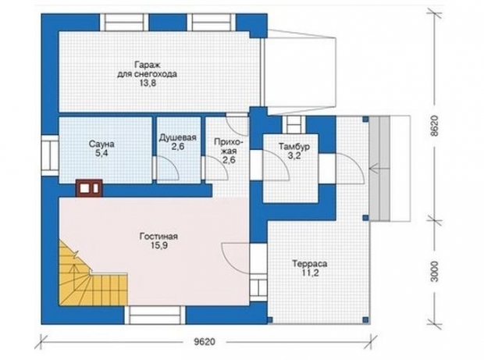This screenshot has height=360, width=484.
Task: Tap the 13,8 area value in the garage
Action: (148, 84)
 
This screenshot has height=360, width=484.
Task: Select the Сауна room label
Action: (101, 144)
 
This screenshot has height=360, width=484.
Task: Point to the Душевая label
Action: (177, 137)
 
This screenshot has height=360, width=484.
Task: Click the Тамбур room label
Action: (294, 147)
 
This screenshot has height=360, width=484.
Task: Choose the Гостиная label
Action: (158, 237)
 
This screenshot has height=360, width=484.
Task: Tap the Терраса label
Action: (310, 264)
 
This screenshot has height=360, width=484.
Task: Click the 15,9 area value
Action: (159, 246)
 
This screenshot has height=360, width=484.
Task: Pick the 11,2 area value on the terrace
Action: (310, 273)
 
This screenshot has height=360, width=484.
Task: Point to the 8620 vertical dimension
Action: (434, 126)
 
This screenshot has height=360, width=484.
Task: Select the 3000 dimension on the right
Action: (434, 272)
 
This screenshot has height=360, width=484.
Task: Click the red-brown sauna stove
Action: (89, 187)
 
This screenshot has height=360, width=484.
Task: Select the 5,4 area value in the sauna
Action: (101, 153)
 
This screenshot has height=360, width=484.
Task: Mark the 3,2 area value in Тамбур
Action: (294, 156)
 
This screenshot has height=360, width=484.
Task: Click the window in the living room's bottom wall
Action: (155, 315)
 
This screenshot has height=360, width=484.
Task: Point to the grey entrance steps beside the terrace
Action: (379, 169)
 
